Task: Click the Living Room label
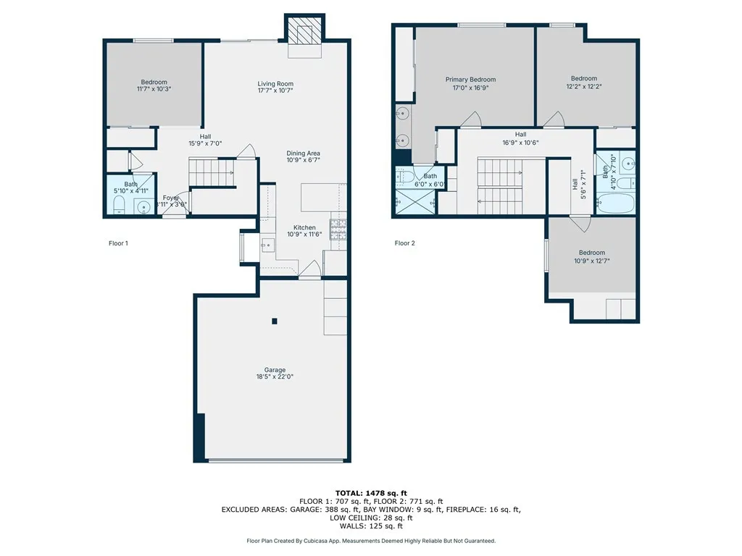[275, 84]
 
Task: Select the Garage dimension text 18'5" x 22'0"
[275, 376]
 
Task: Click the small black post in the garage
[275, 321]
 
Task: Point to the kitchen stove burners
[338, 229]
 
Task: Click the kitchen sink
[268, 245]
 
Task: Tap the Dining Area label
[304, 153]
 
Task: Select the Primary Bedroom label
[470, 80]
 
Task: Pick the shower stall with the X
[415, 203]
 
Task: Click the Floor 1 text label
[118, 243]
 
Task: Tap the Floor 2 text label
[404, 243]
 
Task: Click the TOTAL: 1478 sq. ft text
[371, 493]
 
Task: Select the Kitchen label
[304, 227]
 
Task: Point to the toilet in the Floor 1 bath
[119, 205]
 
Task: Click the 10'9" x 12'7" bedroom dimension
[592, 261]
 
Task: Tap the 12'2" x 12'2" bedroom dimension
[584, 87]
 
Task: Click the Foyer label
[171, 198]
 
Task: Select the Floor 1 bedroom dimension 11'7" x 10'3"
[154, 88]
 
